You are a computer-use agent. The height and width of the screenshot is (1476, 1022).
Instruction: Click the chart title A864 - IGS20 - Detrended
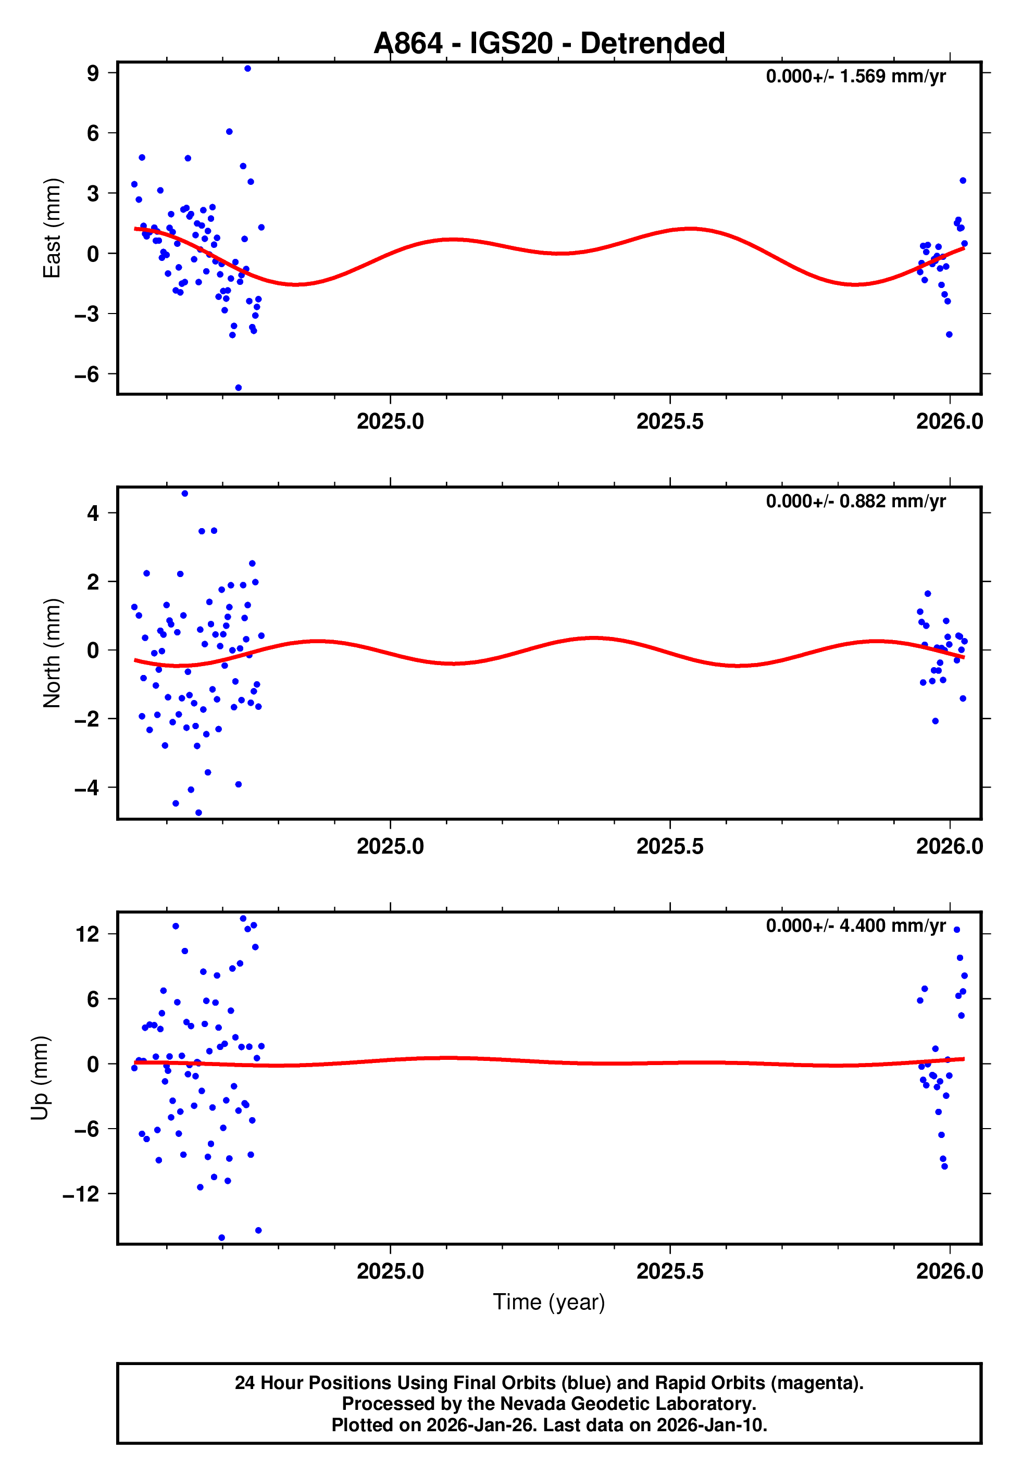coord(549,44)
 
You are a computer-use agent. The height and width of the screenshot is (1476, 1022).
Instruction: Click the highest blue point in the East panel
coord(247,68)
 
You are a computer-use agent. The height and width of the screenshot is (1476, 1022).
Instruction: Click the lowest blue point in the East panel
coord(238,388)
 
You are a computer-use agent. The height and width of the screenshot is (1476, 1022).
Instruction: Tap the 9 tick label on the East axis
coord(93,73)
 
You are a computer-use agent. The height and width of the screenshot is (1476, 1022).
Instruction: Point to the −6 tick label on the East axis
coord(87,374)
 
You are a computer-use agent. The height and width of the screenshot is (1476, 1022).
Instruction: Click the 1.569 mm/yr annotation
coord(855,76)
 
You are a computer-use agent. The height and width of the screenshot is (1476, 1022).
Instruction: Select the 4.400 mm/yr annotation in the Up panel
coord(855,926)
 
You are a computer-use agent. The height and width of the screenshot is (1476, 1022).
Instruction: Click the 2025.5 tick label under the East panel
coord(670,421)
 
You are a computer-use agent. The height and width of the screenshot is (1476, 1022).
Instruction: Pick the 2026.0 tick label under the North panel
coord(949,846)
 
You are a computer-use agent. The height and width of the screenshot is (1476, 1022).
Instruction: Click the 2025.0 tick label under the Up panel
coord(390,1271)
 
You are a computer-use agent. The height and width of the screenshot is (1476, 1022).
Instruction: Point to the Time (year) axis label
coord(549,1302)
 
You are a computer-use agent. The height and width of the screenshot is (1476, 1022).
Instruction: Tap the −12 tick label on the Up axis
coord(81,1194)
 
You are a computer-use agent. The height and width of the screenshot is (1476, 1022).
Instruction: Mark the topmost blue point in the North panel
coord(184,494)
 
